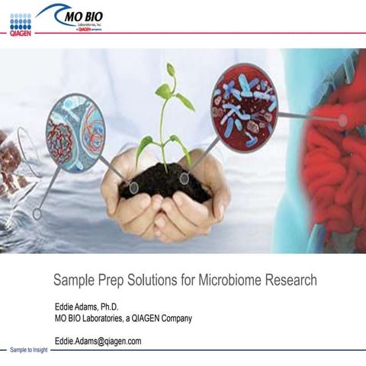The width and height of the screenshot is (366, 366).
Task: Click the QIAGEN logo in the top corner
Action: [x=21, y=23]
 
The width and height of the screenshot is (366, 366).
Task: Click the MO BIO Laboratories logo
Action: [x=75, y=18]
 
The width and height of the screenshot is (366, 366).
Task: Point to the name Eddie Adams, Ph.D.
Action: [x=88, y=307]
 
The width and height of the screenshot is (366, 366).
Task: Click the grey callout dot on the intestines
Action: [x=342, y=120]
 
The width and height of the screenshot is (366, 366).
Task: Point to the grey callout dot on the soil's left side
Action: [x=133, y=187]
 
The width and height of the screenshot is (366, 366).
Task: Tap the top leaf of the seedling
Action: [x=171, y=69]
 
